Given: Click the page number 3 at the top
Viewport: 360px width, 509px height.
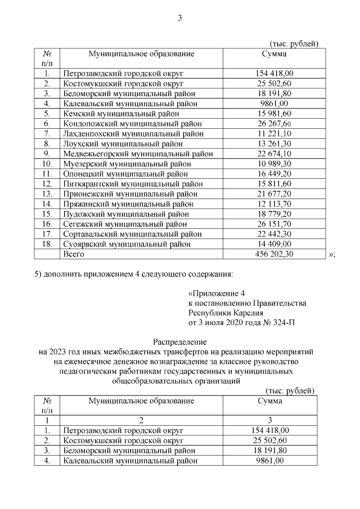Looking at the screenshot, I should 180,18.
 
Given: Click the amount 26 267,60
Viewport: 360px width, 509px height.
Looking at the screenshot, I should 274,124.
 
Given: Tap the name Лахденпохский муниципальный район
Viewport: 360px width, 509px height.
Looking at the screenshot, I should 133,133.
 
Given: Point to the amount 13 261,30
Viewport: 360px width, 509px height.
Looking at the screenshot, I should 274,143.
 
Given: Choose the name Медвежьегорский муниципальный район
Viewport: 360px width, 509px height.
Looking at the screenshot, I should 138,154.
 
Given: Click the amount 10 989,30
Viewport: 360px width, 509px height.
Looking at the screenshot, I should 274,163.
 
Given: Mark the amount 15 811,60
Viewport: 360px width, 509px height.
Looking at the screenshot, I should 274,183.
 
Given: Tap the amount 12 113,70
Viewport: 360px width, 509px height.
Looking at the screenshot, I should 274,204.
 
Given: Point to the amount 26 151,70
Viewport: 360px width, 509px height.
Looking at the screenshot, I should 274,224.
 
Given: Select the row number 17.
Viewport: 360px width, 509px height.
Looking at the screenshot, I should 48,234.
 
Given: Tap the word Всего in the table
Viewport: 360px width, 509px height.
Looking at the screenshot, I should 74,254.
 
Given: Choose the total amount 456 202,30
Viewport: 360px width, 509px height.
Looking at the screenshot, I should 274,254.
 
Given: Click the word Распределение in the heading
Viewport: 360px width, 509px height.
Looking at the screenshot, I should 180,341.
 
